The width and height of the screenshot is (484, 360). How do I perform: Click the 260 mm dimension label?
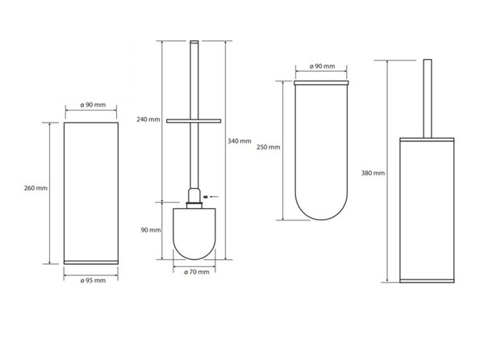point(35,188)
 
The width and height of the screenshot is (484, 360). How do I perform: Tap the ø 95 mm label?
point(93,281)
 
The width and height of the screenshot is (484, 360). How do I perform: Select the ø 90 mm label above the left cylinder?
point(93,105)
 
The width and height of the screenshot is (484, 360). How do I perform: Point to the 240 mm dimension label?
point(148,119)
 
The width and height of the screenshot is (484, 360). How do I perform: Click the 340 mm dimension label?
point(240,141)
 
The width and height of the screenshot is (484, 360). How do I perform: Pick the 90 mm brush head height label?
point(151,230)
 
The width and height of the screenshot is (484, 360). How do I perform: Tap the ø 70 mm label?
point(197,272)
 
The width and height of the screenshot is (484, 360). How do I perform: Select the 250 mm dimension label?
point(269,147)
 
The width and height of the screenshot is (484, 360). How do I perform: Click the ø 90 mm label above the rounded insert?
point(322,66)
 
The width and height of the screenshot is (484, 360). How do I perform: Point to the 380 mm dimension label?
point(373,174)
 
